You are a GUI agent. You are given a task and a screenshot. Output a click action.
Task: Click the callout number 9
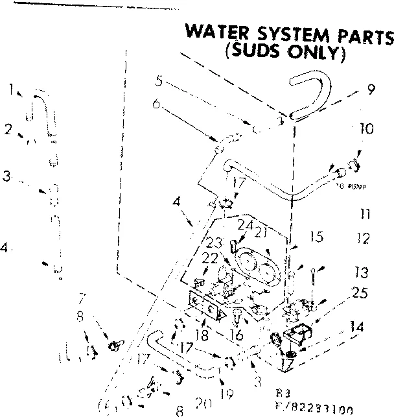pos(371,91)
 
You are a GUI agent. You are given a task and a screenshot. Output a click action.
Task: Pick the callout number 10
pos(366,128)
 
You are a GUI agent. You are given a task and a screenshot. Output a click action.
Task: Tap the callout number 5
pos(158,83)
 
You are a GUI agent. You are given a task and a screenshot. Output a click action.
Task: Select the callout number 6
pos(156,103)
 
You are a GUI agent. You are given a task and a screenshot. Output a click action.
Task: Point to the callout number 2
pos(8,129)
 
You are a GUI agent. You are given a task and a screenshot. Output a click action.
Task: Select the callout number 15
pos(316,238)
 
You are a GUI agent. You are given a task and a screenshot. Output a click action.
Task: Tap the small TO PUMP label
pos(352,185)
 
